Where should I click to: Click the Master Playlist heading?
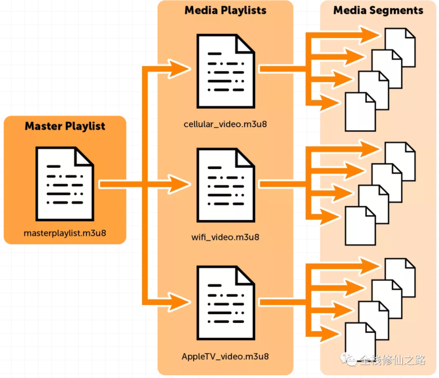click(65, 126)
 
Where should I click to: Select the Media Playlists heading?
click(225, 10)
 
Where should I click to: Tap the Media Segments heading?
click(378, 10)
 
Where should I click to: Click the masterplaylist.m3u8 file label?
click(65, 233)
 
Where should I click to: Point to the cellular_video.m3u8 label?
click(225, 124)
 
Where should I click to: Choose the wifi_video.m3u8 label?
click(225, 237)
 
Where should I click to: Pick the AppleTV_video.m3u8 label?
click(225, 357)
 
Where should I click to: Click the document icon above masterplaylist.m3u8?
click(65, 183)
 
